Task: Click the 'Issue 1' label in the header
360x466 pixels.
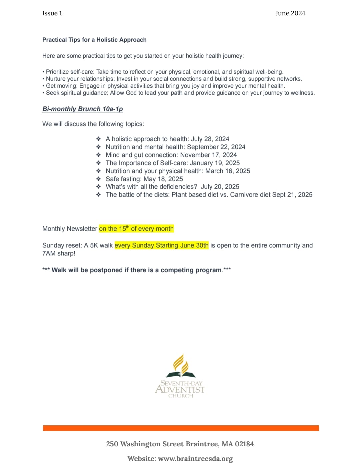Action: pos(52,13)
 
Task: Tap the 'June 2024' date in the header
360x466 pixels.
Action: pos(290,13)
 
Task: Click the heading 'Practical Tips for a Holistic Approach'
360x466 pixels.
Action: pos(94,40)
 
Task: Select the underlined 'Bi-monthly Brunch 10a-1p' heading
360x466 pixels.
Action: pos(83,109)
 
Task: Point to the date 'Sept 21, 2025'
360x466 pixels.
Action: pos(292,195)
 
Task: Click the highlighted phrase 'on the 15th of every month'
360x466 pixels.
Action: pos(136,229)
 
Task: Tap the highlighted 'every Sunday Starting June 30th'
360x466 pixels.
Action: pos(161,246)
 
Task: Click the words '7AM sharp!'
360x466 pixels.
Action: pos(59,254)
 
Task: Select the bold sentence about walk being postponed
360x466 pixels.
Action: pos(136,270)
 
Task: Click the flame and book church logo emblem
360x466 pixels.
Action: pos(180,366)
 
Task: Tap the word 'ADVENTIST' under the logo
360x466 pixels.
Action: pos(180,390)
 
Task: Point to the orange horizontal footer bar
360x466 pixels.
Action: pos(181,428)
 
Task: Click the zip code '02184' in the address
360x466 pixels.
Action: pos(244,444)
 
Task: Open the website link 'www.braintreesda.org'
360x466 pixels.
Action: pos(195,459)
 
